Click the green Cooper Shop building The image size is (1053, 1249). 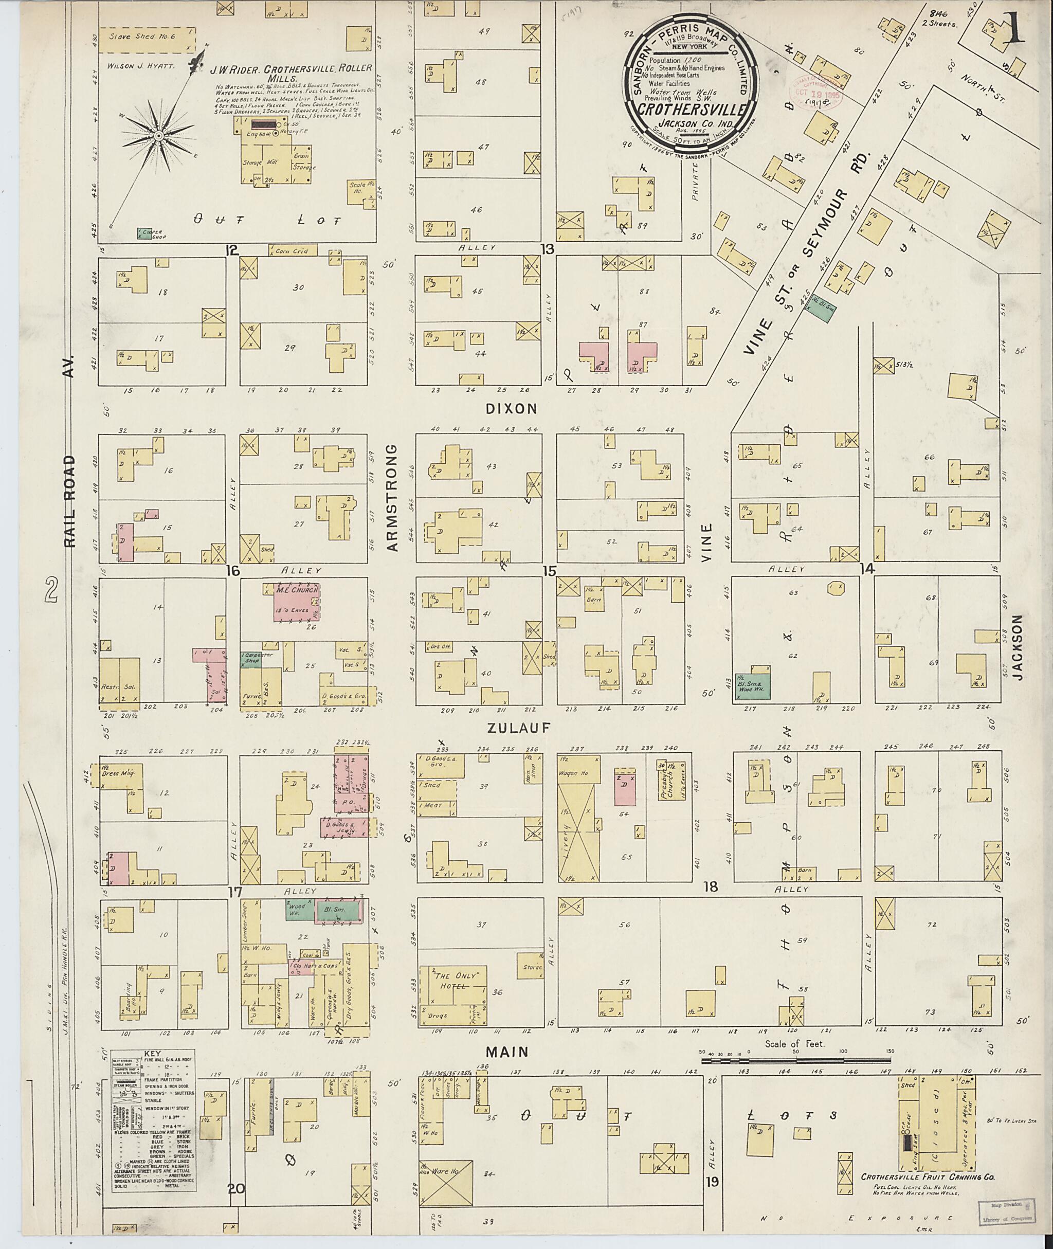143,233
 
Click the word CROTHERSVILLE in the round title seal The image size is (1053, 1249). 691,109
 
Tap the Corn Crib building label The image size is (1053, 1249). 292,251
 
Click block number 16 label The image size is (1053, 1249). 232,571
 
